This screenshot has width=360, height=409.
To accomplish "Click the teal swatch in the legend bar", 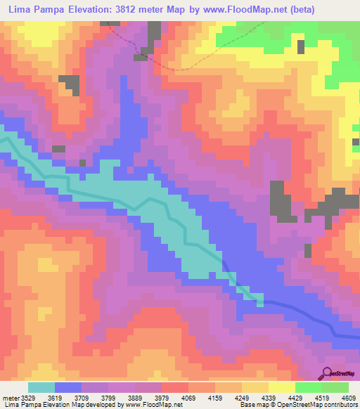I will [41, 387].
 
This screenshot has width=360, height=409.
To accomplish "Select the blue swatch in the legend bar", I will [68, 387].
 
